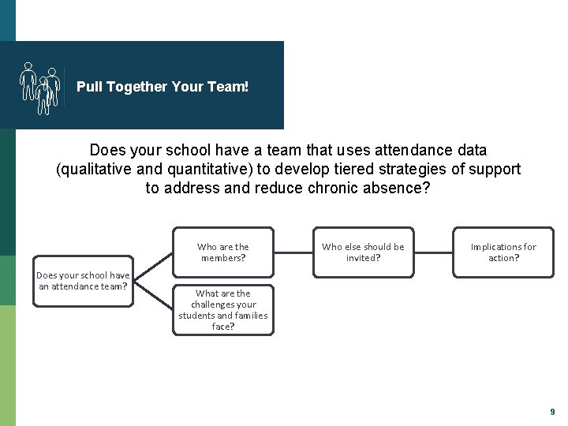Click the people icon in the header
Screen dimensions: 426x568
[x=39, y=87]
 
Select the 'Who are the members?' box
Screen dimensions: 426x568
[x=223, y=252]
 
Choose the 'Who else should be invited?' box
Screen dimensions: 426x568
[x=363, y=252]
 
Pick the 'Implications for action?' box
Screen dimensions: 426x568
[x=503, y=252]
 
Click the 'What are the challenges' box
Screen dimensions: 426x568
[x=223, y=309]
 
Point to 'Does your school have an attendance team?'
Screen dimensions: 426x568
[x=83, y=281]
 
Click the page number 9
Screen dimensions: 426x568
[x=552, y=412]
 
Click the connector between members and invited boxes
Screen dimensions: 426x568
[x=293, y=252]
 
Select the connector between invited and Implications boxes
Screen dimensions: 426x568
[x=433, y=252]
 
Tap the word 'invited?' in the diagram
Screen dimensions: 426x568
[x=363, y=258]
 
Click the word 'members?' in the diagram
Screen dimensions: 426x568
[x=223, y=258]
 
